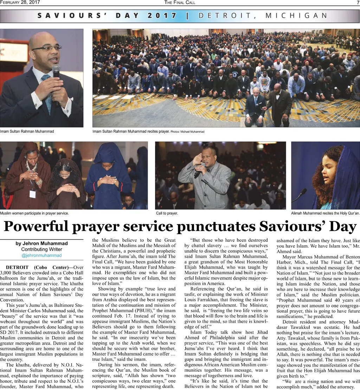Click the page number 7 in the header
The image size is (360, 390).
[358, 2]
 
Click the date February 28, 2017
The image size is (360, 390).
[20, 2]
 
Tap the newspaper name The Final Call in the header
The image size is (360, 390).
[180, 2]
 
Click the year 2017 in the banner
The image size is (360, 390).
[162, 15]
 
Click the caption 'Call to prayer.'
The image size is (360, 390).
[167, 213]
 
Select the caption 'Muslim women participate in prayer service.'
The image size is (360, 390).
[34, 213]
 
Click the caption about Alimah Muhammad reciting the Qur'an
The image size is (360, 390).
[325, 213]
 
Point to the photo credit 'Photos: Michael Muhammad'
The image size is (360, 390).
[187, 132]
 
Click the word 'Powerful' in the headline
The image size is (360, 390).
[35, 226]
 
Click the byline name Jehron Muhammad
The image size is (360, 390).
[41, 244]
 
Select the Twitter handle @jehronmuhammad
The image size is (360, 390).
[41, 256]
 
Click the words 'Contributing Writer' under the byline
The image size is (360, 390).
[41, 250]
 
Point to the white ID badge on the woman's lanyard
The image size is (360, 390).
[32, 194]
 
